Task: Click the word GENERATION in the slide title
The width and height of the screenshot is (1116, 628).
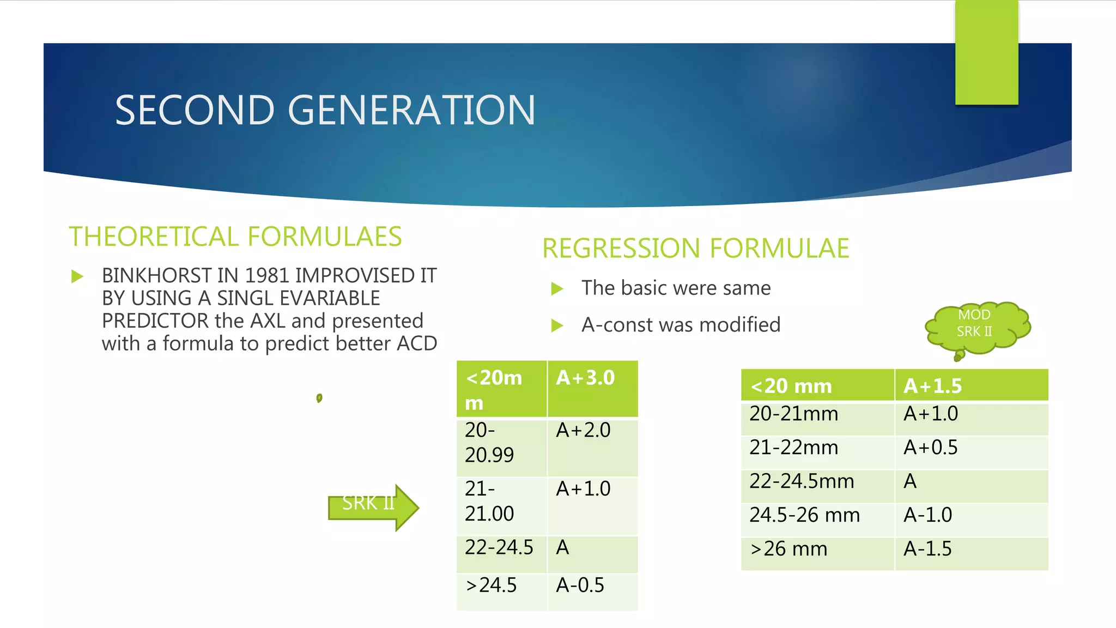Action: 411,111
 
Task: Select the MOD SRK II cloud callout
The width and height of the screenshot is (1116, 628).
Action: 976,326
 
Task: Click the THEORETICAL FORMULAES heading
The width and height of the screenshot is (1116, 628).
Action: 235,237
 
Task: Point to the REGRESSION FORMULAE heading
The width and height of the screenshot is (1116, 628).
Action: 695,249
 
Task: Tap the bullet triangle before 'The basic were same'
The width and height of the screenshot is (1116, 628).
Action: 557,288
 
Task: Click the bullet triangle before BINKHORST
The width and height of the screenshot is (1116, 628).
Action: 77,276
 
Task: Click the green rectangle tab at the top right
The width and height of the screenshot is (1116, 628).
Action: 986,52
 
